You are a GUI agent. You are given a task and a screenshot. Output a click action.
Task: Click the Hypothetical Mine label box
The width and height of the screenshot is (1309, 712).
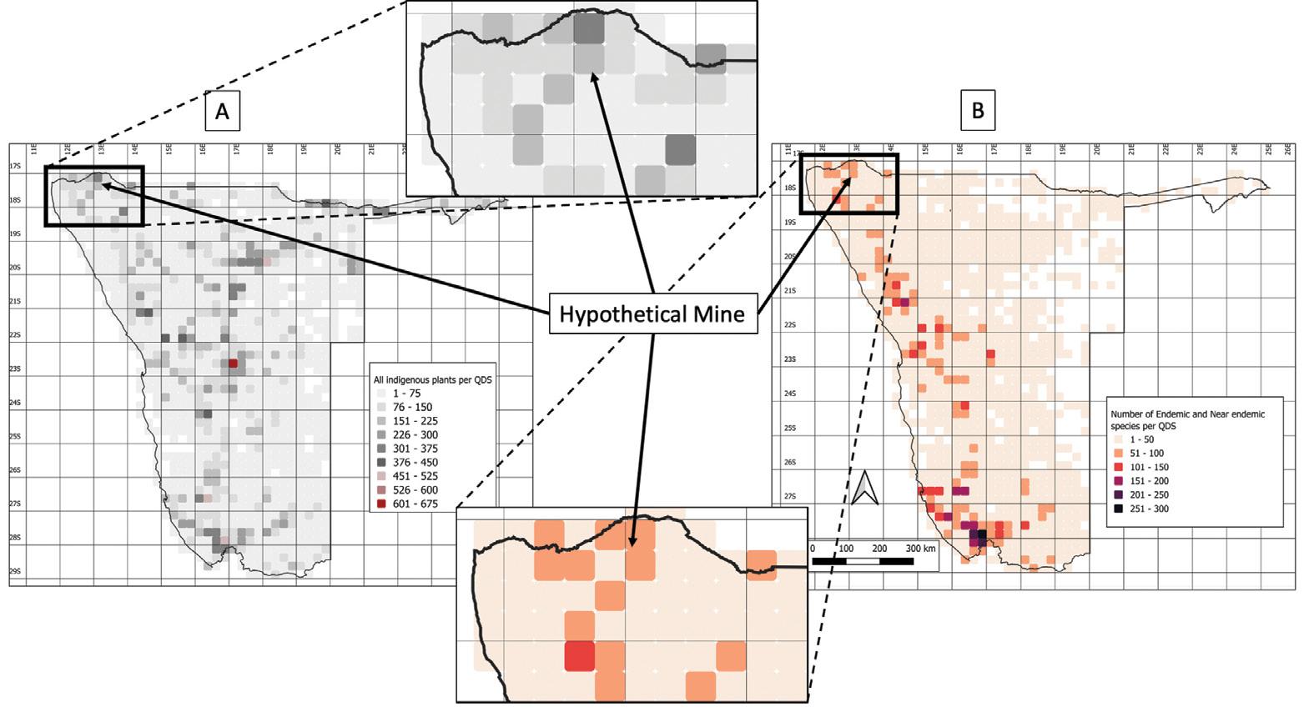click(652, 313)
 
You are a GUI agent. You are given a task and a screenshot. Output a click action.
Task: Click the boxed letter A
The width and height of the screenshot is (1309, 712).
click(222, 111)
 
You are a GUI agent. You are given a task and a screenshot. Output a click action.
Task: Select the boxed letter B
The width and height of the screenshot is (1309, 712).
click(978, 111)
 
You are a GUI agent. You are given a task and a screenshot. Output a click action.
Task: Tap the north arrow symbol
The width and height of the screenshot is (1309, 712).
click(864, 489)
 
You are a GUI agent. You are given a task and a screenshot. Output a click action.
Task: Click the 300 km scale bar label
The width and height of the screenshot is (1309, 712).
click(921, 549)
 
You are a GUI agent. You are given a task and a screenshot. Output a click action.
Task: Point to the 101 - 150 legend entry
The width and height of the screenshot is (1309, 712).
click(1149, 467)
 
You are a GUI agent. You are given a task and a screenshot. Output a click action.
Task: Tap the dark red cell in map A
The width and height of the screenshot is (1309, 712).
click(234, 364)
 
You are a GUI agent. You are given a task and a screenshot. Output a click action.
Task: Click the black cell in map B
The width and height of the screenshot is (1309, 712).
click(982, 534)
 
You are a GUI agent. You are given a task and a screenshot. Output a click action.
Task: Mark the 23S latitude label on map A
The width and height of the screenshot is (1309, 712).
click(15, 369)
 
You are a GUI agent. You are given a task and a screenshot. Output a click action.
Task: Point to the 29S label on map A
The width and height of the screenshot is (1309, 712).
click(15, 571)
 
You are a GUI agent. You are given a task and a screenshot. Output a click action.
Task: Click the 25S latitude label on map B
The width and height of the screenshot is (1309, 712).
click(790, 428)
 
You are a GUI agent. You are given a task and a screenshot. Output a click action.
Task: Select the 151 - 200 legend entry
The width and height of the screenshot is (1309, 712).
click(1149, 481)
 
